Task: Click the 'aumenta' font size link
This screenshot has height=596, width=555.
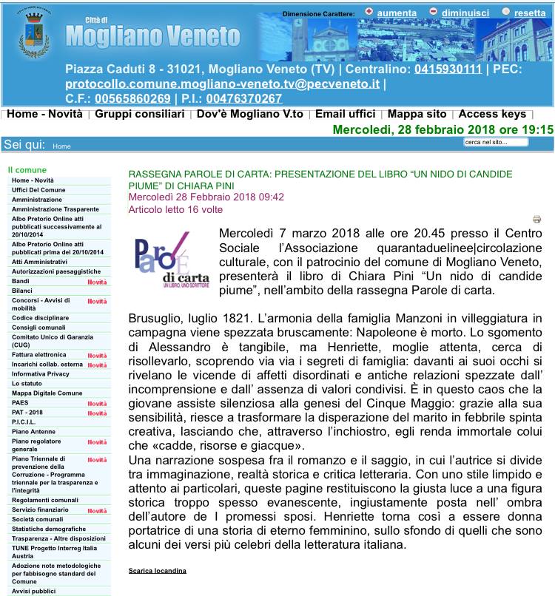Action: (397, 13)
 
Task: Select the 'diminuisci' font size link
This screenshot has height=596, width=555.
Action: (465, 13)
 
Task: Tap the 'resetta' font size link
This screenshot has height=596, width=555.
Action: (530, 13)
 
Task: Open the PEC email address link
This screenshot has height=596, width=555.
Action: (222, 84)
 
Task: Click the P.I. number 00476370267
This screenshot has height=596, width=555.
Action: (243, 98)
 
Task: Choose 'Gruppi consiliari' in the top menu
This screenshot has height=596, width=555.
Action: (139, 114)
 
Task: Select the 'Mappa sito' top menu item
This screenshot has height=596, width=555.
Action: (417, 114)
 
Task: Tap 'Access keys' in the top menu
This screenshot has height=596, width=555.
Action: (492, 114)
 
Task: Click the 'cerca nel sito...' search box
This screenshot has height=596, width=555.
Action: (496, 141)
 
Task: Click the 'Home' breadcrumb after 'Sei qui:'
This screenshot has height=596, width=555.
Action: (61, 146)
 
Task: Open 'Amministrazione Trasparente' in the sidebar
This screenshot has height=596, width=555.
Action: (55, 209)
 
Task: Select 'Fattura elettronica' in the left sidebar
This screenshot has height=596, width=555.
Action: (38, 355)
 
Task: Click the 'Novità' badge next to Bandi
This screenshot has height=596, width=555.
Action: (97, 282)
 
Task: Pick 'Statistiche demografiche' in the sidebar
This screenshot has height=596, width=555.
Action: (48, 529)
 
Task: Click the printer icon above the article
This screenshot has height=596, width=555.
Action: (537, 219)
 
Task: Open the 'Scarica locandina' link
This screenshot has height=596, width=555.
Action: (158, 570)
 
